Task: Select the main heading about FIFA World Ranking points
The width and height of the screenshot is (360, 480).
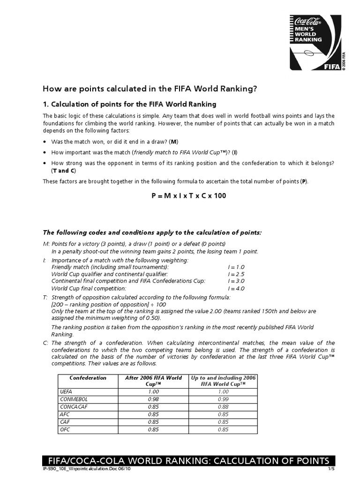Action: (x=150, y=88)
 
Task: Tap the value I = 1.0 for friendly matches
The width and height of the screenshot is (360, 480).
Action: (x=236, y=267)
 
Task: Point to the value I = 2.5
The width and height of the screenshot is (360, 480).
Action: (x=236, y=274)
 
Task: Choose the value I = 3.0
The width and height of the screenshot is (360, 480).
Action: (x=236, y=281)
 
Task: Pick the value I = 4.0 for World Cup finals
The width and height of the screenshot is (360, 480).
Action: (x=236, y=288)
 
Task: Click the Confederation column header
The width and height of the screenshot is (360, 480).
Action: (x=88, y=378)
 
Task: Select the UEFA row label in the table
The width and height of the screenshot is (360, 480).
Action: (x=66, y=392)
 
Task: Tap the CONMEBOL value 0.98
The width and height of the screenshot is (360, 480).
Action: (x=153, y=399)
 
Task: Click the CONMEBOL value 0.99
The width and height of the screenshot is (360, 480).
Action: (x=223, y=399)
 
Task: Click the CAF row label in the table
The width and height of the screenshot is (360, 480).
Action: (x=65, y=421)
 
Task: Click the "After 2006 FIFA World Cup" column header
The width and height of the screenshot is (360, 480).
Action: (x=153, y=381)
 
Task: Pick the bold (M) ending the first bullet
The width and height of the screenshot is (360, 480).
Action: (x=174, y=142)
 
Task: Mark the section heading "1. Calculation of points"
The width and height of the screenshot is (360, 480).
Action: (x=129, y=104)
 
